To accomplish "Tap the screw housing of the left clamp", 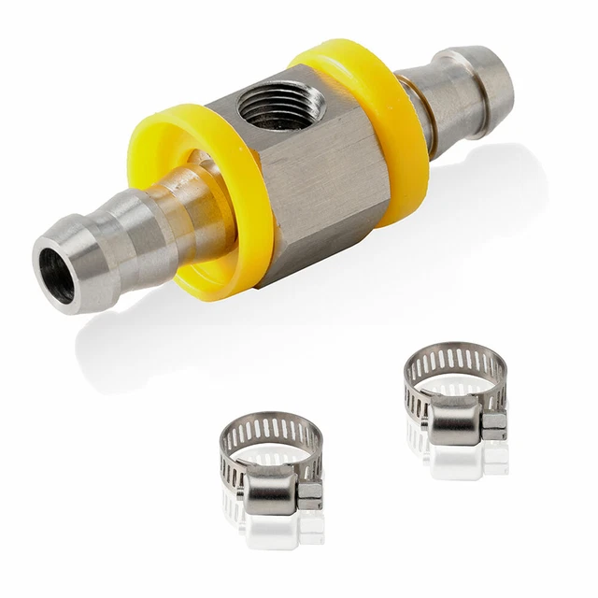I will (271, 486).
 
